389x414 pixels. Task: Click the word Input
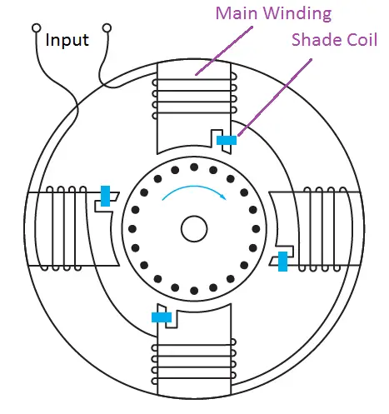[x=67, y=40]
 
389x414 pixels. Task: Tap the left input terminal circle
[x=37, y=28]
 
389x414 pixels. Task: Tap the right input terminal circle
[x=107, y=28]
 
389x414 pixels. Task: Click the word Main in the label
[x=237, y=13]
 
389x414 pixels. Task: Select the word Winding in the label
[x=297, y=14]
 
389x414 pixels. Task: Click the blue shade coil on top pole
[x=227, y=140]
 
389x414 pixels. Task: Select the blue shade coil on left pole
[x=105, y=196]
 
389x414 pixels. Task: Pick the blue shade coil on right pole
[x=283, y=262]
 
